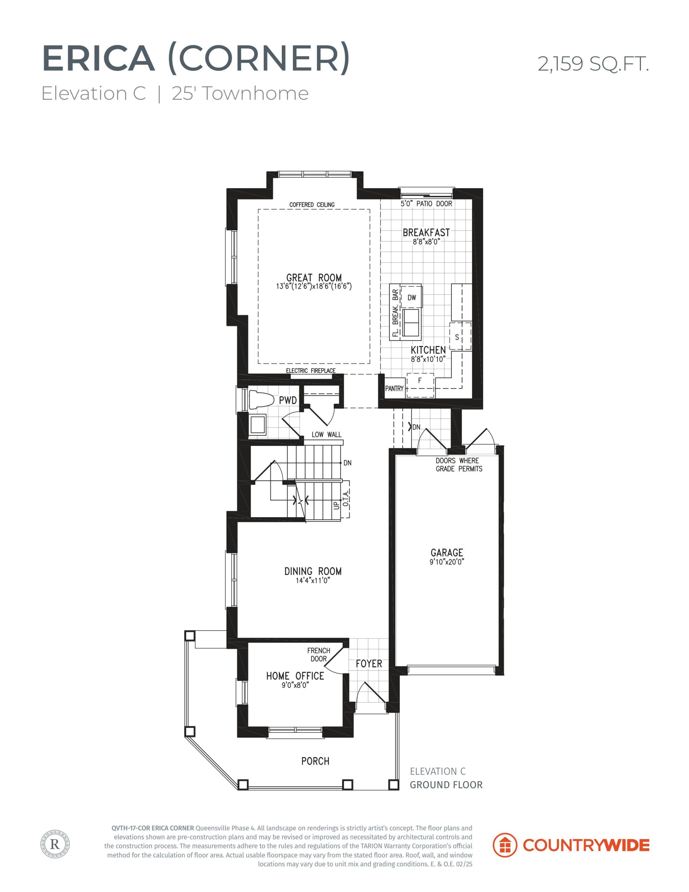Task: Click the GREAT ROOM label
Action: (x=313, y=278)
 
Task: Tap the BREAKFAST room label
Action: (x=426, y=232)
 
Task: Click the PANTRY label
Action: (x=394, y=389)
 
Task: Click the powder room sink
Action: (x=257, y=425)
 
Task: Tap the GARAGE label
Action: (x=447, y=553)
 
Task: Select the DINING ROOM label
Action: (x=313, y=571)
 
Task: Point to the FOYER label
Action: (x=369, y=664)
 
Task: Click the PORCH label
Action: (x=315, y=761)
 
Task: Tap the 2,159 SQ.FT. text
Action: (x=593, y=64)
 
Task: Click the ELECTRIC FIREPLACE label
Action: (x=310, y=371)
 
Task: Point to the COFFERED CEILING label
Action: (x=312, y=205)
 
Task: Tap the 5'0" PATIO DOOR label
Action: (x=426, y=203)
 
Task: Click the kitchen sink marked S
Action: (x=460, y=337)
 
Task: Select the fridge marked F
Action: (x=420, y=385)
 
